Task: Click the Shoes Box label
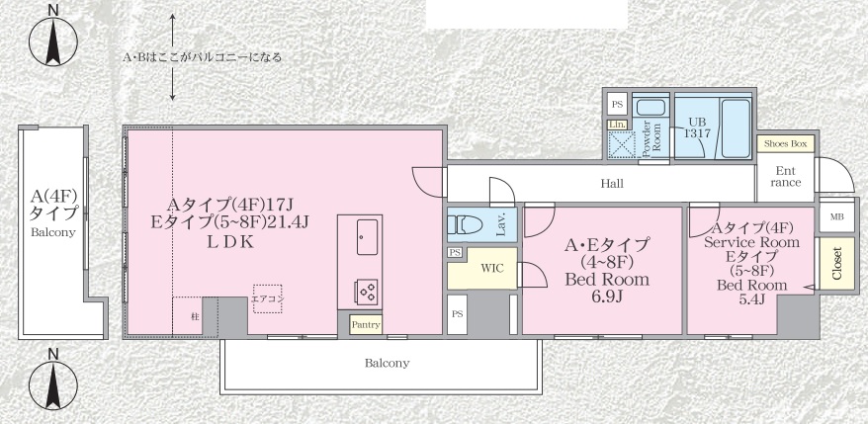(x=786, y=144)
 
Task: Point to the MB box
(x=836, y=216)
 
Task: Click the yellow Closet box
(x=836, y=264)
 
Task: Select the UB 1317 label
(x=699, y=127)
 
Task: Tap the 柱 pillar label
(x=195, y=316)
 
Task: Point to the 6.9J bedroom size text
(x=606, y=297)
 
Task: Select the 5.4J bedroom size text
(x=751, y=299)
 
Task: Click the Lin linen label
(x=616, y=124)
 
